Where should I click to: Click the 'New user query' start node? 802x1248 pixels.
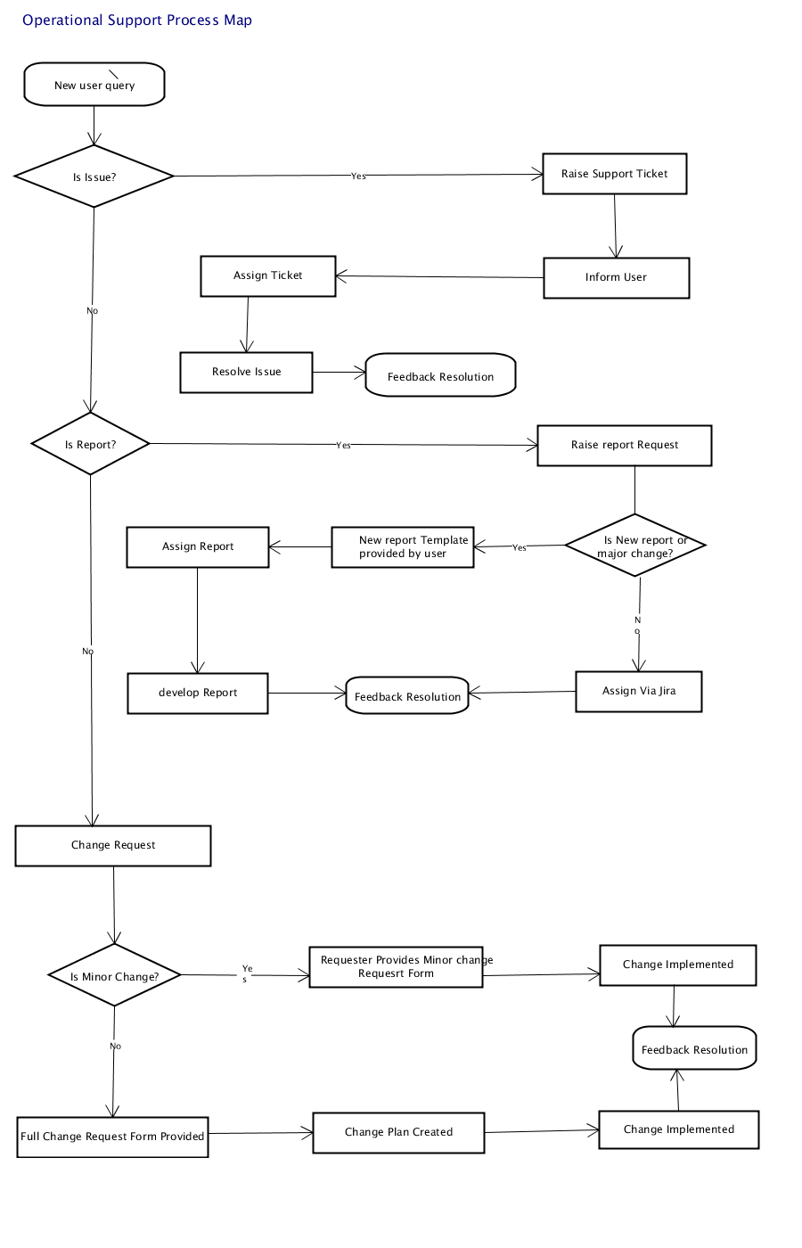94,84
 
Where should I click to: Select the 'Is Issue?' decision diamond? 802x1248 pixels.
94,177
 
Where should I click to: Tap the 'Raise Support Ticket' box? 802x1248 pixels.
614,174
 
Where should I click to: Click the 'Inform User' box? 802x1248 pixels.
616,277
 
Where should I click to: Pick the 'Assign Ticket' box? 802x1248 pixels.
268,276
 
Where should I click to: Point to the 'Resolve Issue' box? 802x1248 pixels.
246,373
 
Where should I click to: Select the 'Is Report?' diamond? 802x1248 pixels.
90,444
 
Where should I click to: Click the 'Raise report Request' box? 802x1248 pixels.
625,445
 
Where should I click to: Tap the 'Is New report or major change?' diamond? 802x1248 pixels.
635,545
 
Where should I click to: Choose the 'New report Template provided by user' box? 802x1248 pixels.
403,547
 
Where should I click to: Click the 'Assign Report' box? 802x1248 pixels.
198,547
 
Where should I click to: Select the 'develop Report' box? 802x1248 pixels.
198,694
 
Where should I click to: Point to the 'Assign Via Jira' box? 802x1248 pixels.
639,692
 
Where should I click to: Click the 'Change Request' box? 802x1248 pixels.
113,846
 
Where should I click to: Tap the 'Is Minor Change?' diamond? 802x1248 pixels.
114,975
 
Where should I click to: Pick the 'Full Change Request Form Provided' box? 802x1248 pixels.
112,1137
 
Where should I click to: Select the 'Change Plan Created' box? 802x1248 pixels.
399,1133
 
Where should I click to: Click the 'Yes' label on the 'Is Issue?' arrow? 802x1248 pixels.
358,177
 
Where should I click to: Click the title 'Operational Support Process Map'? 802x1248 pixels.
137,20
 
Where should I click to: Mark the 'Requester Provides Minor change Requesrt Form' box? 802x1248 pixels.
396,967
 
